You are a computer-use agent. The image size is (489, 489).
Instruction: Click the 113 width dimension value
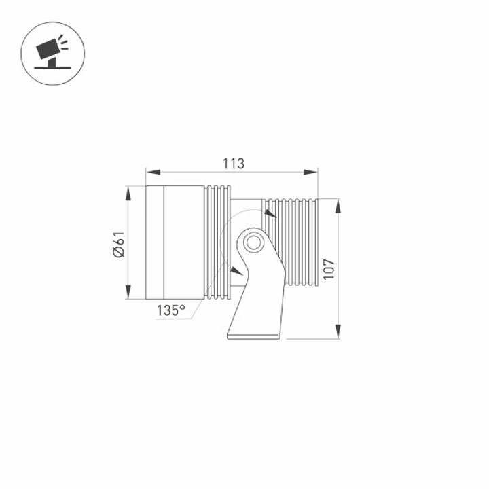pyautogui.click(x=233, y=164)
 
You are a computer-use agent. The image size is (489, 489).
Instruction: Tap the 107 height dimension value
pyautogui.click(x=329, y=268)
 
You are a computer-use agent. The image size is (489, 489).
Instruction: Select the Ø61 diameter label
pyautogui.click(x=118, y=244)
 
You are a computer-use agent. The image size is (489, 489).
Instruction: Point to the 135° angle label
pyautogui.click(x=170, y=310)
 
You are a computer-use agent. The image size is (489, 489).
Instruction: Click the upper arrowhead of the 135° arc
pyautogui.click(x=270, y=214)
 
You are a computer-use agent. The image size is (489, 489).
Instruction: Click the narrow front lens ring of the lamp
pyautogui.click(x=155, y=242)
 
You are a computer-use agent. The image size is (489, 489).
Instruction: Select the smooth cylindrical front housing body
pyautogui.click(x=183, y=242)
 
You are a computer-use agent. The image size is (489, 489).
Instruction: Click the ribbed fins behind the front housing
pyautogui.click(x=217, y=242)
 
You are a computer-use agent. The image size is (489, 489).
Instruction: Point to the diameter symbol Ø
pyautogui.click(x=118, y=253)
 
